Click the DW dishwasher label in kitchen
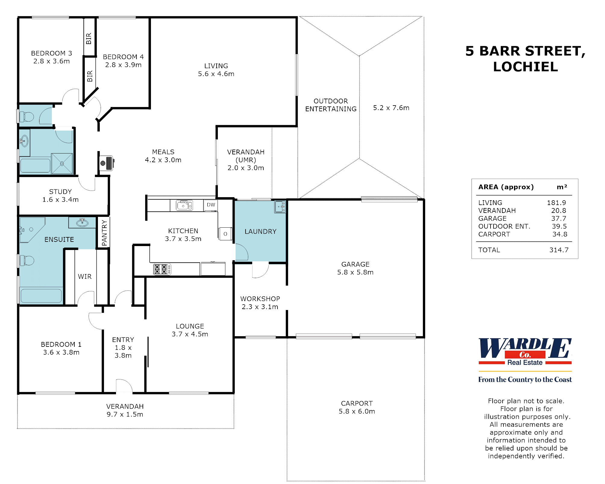tap(211, 205)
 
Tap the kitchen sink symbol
tap(184, 205)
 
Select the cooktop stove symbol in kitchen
tap(162, 269)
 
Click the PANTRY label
tap(104, 233)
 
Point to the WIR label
tap(85, 277)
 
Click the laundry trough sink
tap(280, 207)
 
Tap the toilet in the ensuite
tap(27, 260)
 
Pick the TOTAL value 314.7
tap(559, 250)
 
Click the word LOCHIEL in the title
tap(525, 67)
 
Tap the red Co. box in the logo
tap(525, 355)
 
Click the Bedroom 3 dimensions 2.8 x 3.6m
tap(52, 61)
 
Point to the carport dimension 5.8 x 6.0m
tap(357, 411)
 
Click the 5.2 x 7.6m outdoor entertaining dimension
tap(391, 108)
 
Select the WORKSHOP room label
tap(260, 299)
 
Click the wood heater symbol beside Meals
tap(106, 163)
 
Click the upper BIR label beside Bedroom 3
tap(89, 39)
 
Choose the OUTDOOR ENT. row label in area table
tap(504, 226)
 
